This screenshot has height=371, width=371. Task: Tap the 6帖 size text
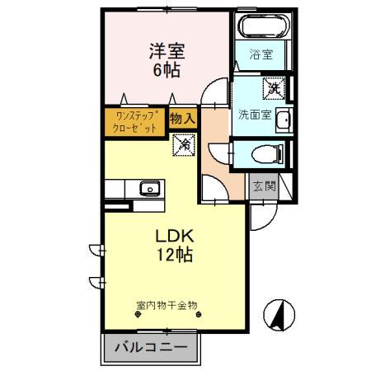[x=166, y=70]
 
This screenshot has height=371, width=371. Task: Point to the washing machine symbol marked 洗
[x=273, y=86]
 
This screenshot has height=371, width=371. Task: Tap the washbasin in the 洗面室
[x=282, y=122]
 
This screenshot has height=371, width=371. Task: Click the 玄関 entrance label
[x=263, y=187]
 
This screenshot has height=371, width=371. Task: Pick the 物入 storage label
[x=182, y=119]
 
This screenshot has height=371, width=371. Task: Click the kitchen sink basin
[x=149, y=188]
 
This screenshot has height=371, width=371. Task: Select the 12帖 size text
[x=176, y=255]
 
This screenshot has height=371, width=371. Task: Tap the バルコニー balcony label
[x=151, y=347]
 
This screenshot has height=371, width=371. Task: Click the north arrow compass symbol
[x=279, y=313]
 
